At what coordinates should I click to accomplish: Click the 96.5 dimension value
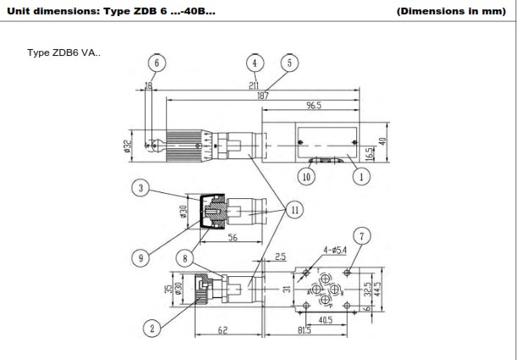point(316,106)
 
